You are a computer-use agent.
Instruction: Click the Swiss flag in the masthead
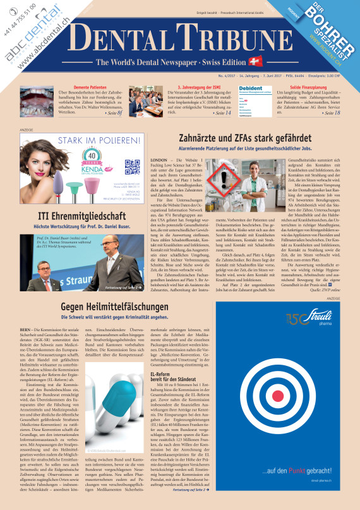(256, 61)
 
